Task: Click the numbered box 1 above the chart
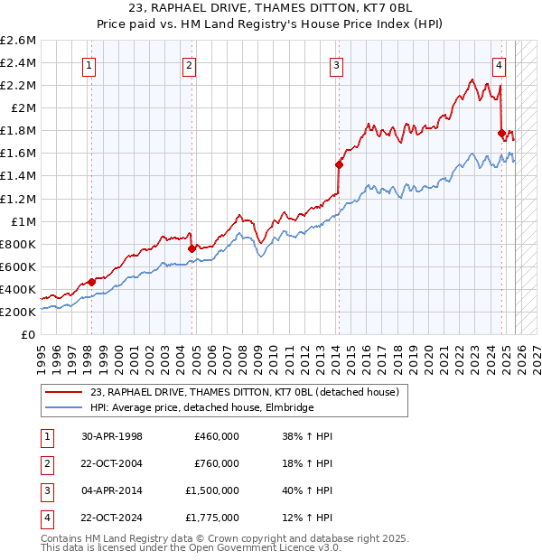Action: (x=90, y=64)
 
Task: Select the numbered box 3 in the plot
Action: (x=336, y=64)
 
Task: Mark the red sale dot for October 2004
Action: (x=192, y=248)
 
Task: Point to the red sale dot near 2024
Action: (x=502, y=134)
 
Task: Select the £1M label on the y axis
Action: (x=24, y=221)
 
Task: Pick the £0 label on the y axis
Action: (x=29, y=334)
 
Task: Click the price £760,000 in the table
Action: (x=216, y=463)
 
